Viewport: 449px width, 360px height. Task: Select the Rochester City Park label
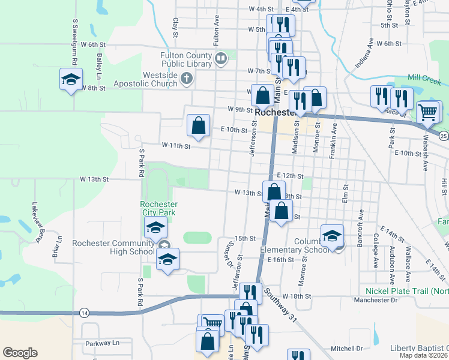tap(159, 208)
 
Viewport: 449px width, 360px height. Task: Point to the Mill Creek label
tap(423, 77)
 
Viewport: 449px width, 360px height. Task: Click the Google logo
tap(20, 353)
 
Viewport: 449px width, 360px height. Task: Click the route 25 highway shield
tap(443, 136)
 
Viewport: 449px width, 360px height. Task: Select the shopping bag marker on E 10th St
tap(199, 126)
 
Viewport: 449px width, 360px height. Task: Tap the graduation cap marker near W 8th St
tap(70, 80)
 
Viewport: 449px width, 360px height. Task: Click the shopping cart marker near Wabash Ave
tap(427, 112)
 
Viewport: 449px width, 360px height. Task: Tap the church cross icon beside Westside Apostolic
tap(187, 79)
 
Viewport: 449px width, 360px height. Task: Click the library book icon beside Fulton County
tap(221, 59)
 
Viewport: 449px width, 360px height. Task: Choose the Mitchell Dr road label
tap(347, 348)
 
